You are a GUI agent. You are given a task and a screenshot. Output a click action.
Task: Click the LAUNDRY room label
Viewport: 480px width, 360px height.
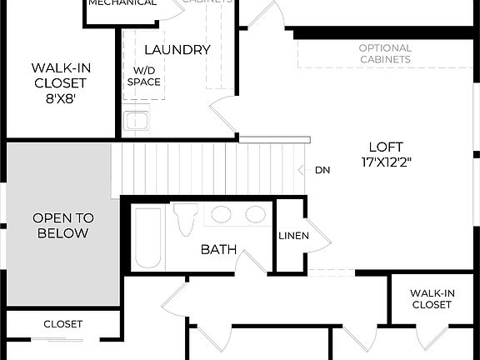point(177,50)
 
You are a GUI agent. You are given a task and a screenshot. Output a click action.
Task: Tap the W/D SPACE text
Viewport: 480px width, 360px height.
point(143,76)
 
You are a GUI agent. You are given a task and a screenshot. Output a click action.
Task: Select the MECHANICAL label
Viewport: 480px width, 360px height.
point(122,3)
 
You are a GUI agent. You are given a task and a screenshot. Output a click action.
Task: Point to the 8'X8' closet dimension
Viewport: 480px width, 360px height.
point(61,98)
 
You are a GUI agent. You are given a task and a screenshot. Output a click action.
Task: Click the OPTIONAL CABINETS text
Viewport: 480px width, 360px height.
point(385,54)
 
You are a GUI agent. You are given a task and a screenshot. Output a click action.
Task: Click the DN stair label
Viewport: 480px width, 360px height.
point(322,170)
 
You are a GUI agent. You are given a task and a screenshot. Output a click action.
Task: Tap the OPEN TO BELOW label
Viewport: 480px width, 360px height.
point(62,226)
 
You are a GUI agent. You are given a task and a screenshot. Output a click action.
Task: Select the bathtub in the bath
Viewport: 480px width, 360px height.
point(149,237)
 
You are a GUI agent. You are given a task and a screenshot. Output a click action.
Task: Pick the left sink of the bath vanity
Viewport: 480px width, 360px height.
point(222,215)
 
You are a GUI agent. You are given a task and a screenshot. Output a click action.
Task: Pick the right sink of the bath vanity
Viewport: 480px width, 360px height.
point(255,215)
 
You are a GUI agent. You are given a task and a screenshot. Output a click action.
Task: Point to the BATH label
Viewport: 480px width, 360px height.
point(218,249)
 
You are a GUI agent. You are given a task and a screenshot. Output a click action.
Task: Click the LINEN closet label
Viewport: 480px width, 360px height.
point(293,236)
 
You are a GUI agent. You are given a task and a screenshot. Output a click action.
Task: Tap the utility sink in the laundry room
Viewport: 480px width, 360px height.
point(136,122)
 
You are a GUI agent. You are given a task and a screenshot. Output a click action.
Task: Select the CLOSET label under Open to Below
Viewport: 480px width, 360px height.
point(62,323)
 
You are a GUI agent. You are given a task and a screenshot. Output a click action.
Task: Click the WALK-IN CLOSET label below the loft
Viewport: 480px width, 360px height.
point(431,298)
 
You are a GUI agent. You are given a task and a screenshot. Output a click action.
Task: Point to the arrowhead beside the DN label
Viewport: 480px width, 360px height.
point(302,170)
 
